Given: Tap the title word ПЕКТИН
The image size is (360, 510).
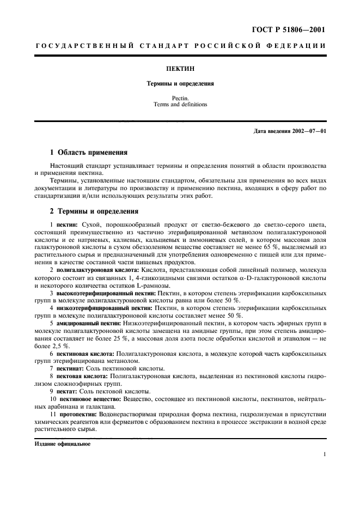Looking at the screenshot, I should [180, 70].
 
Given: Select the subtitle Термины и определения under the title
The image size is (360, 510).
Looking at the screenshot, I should [180, 84].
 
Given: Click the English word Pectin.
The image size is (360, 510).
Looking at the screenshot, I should [180, 98].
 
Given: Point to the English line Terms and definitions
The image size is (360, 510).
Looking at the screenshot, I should [180, 105].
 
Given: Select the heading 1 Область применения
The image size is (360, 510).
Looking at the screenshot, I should [89, 153].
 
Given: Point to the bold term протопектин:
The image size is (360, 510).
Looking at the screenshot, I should [76, 415].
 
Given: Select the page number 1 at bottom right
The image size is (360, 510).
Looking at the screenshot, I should [324, 454].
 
